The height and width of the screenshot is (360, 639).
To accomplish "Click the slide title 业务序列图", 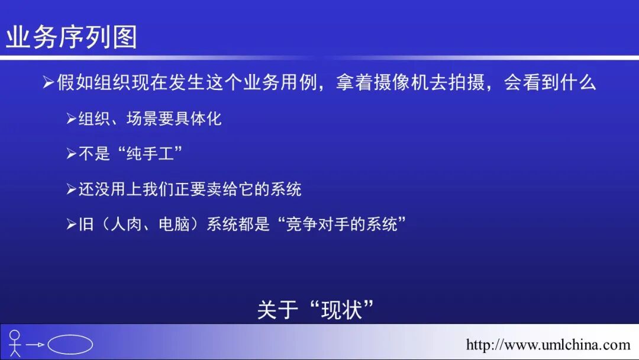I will point(72,37).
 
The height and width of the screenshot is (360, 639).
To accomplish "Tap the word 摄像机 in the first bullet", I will point(402,82).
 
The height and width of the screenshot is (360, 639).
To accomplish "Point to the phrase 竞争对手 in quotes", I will point(310,225).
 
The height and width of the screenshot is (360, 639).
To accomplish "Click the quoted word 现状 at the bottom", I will point(341,310).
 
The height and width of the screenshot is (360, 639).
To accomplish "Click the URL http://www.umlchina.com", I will point(548,345).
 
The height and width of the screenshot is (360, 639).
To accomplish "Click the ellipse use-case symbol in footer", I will point(70,344).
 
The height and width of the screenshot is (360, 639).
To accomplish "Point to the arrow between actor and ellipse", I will point(35,344).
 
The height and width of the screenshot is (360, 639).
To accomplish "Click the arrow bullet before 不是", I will point(71,154).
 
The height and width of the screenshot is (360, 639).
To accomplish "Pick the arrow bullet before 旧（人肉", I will point(71,225).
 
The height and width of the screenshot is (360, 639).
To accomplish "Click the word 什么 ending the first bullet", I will point(577,82).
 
